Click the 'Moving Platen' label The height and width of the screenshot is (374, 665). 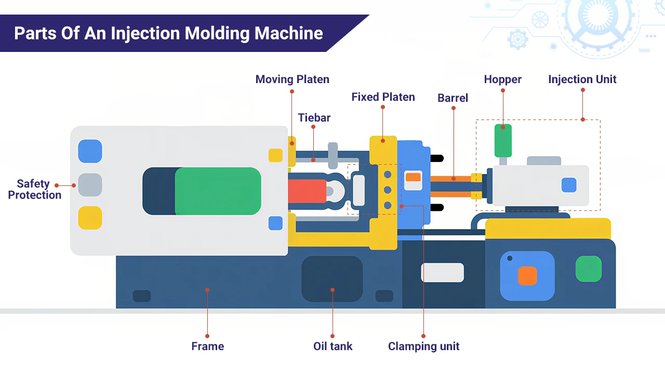(292, 79)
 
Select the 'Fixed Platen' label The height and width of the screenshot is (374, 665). (383, 97)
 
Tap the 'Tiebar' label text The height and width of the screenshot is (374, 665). (314, 118)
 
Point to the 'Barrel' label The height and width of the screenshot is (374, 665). (453, 98)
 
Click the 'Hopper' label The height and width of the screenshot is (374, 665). (502, 79)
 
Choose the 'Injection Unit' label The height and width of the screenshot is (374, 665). (582, 79)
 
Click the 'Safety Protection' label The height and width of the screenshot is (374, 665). (34, 189)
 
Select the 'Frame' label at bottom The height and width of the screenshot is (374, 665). (207, 346)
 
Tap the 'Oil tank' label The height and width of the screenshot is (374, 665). (332, 346)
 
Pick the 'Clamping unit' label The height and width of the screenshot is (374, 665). (423, 346)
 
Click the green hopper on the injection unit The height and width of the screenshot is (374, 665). (503, 140)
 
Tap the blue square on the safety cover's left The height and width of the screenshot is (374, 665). (90, 151)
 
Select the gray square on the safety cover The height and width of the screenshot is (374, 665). (90, 185)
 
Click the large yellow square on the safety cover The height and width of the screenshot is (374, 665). (90, 218)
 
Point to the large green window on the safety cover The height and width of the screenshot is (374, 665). (218, 191)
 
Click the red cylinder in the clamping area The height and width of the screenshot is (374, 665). (307, 191)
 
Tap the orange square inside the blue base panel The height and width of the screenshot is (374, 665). (527, 276)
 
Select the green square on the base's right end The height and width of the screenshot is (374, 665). (589, 269)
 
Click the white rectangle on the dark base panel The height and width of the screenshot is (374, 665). (442, 273)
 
